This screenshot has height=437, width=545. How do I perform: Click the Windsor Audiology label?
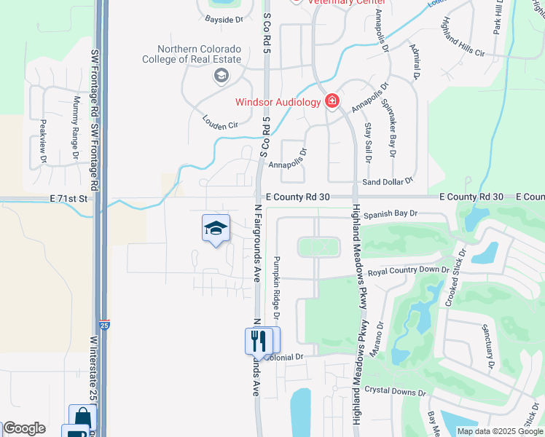point(278,102)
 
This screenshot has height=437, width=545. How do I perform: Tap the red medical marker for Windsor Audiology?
point(332,101)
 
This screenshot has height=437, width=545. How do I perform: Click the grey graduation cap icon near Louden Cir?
point(220,75)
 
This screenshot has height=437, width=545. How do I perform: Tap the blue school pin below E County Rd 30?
point(216,229)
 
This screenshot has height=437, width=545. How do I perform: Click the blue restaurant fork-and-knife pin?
point(258,340)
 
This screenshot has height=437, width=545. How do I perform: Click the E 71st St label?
point(68,198)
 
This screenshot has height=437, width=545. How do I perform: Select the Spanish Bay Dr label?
point(390,214)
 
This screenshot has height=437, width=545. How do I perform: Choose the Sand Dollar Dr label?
point(388,180)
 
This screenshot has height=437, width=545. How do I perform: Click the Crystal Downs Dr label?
point(395,391)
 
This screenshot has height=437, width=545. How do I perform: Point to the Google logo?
point(24,429)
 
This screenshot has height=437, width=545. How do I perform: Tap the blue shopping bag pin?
point(82,417)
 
